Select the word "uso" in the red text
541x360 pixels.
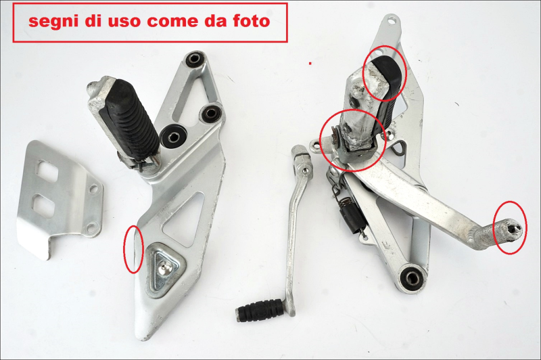click(124, 21)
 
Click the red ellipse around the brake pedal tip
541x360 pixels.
click(510, 227)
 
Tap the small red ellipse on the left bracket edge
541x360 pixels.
click(133, 248)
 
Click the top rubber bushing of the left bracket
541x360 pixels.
click(195, 60)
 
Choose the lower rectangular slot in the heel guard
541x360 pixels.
click(44, 203)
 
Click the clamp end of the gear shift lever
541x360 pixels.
click(302, 160)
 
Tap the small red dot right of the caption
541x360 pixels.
click(310, 63)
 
